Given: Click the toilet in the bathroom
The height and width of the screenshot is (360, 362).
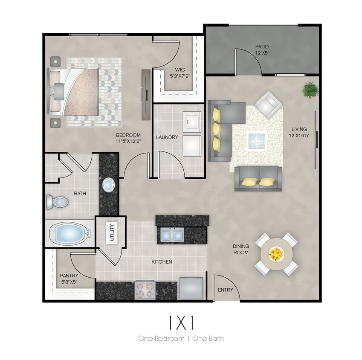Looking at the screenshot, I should click(x=57, y=201).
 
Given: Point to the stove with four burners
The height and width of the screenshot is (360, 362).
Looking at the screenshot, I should click(x=145, y=290).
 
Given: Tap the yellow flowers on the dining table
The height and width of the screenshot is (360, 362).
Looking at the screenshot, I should click(x=276, y=254).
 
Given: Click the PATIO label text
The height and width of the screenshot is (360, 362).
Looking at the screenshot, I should click(x=262, y=46).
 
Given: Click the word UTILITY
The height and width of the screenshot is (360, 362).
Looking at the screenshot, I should click(x=113, y=232).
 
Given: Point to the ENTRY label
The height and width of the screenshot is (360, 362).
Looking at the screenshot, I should click(x=225, y=290).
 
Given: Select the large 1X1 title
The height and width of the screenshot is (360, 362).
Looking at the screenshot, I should click(x=181, y=323).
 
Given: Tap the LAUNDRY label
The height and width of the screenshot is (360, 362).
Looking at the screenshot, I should click(x=167, y=137).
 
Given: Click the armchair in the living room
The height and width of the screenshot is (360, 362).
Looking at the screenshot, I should click(x=268, y=104).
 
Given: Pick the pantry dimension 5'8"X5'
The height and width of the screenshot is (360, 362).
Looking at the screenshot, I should click(x=69, y=282).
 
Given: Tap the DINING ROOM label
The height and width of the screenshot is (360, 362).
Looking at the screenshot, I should click(x=241, y=249).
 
